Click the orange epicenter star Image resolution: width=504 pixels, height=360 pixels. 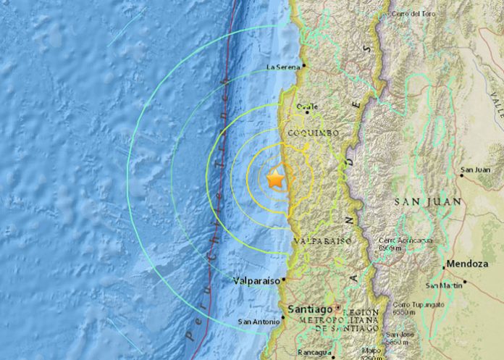[275, 179]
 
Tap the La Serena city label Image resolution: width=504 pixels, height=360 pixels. [283, 67]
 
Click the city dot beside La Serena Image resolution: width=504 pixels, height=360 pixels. [304, 65]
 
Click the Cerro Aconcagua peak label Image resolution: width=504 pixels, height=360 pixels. [399, 243]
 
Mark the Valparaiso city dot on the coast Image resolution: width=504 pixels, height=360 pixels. [284, 278]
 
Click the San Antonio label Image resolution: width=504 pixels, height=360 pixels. [258, 322]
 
